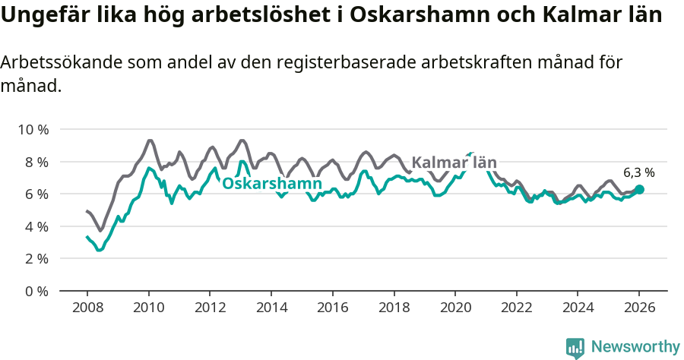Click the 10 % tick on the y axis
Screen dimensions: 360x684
tap(33, 129)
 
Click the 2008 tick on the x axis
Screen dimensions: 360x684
tap(87, 308)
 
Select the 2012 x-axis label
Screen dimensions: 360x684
tap(210, 308)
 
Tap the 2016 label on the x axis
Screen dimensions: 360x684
tap(332, 308)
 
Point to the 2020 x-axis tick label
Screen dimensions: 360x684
tap(454, 308)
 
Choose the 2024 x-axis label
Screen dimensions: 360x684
tap(577, 308)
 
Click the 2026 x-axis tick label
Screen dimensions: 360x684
tap(638, 308)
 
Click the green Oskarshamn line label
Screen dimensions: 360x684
tap(272, 184)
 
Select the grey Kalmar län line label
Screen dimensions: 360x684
tap(454, 162)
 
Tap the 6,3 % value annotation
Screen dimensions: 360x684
tap(638, 172)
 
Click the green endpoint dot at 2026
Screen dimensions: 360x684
tap(639, 189)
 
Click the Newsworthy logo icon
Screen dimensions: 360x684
tap(575, 348)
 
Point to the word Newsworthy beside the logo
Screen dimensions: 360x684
tap(635, 347)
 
